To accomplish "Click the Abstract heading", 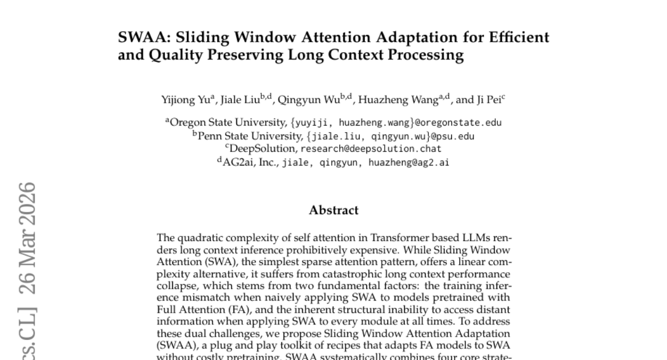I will (333, 210).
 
